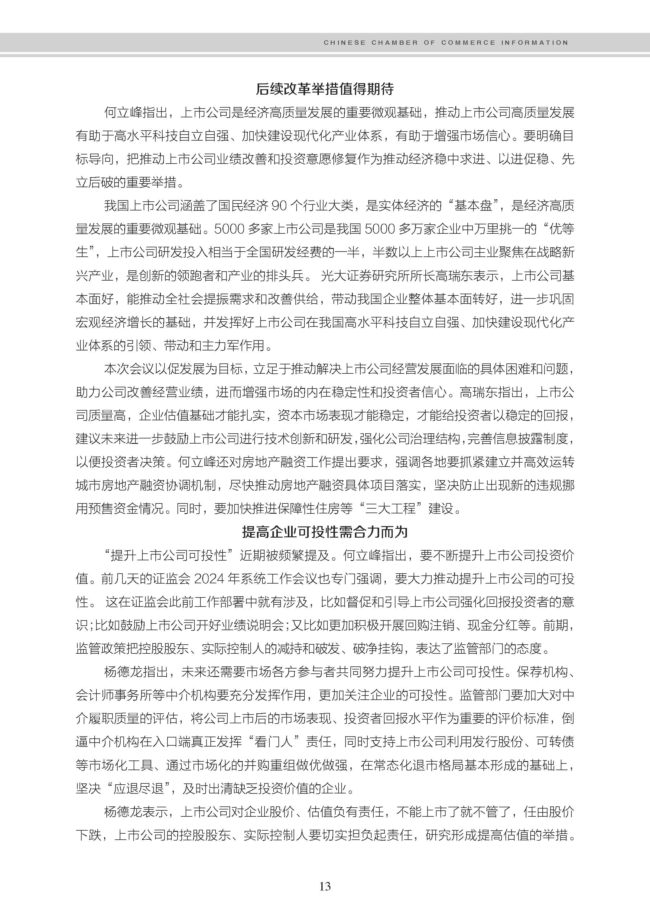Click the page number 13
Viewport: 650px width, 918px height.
[x=325, y=886]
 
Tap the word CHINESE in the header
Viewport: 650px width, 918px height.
[x=345, y=42]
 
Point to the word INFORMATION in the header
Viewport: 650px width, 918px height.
[x=534, y=42]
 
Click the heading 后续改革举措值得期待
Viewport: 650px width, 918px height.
[x=325, y=89]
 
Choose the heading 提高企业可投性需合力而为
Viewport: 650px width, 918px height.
[x=325, y=532]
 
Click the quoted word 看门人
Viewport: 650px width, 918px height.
[x=278, y=742]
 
